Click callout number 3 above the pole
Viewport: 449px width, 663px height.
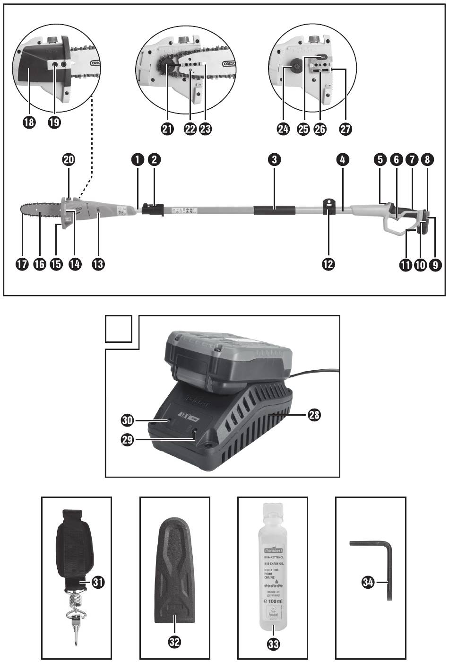[x=274, y=160]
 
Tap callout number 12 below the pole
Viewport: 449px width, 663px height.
[x=328, y=264]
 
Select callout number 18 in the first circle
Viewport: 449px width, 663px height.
[x=30, y=122]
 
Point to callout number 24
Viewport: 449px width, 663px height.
[x=283, y=129]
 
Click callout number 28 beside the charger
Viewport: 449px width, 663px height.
[x=313, y=415]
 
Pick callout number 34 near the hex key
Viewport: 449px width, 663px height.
[x=368, y=582]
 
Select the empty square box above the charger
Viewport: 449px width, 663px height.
[x=118, y=329]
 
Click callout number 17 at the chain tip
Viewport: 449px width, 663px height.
[x=22, y=264]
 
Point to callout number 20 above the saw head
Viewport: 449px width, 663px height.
[x=69, y=160]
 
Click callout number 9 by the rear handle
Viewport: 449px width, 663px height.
[x=435, y=264]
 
